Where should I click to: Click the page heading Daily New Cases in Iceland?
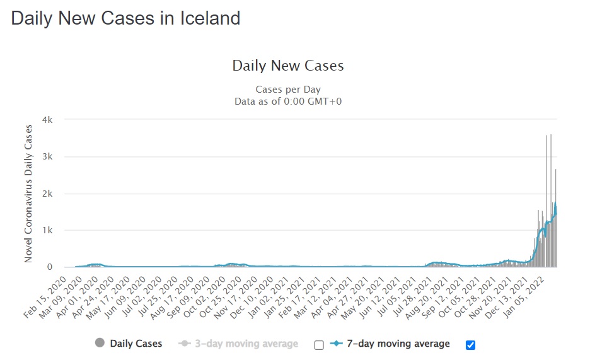[125, 18]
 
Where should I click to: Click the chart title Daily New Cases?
[287, 66]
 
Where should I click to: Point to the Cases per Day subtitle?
[287, 90]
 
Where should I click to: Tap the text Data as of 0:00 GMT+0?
[287, 101]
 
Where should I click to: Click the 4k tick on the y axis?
[47, 120]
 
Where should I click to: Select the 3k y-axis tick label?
[47, 156]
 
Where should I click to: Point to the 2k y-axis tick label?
[47, 194]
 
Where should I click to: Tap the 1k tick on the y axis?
[47, 230]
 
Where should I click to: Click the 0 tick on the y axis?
[50, 267]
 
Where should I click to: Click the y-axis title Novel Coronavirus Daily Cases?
[28, 194]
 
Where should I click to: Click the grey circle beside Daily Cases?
[100, 344]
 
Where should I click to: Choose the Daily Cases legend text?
[136, 344]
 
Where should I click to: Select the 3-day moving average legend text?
[246, 344]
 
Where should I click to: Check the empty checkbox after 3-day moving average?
[319, 344]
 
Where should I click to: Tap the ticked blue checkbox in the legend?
[470, 344]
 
